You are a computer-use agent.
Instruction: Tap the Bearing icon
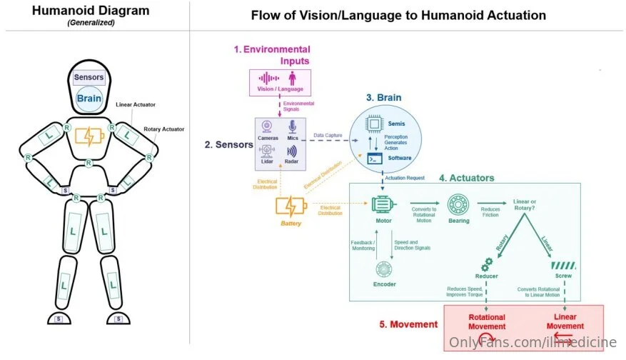coord(458,205)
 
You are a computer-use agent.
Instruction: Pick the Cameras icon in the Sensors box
coord(268,126)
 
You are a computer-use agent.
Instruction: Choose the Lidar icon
coord(268,151)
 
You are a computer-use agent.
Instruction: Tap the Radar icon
coord(292,151)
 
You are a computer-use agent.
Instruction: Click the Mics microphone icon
coord(292,126)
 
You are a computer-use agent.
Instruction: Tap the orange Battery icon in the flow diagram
coord(292,206)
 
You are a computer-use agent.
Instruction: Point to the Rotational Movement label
coord(487,321)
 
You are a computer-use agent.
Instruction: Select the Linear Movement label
coord(565,321)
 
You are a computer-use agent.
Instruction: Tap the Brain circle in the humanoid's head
coord(89,100)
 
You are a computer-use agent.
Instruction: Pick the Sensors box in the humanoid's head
coord(89,77)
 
